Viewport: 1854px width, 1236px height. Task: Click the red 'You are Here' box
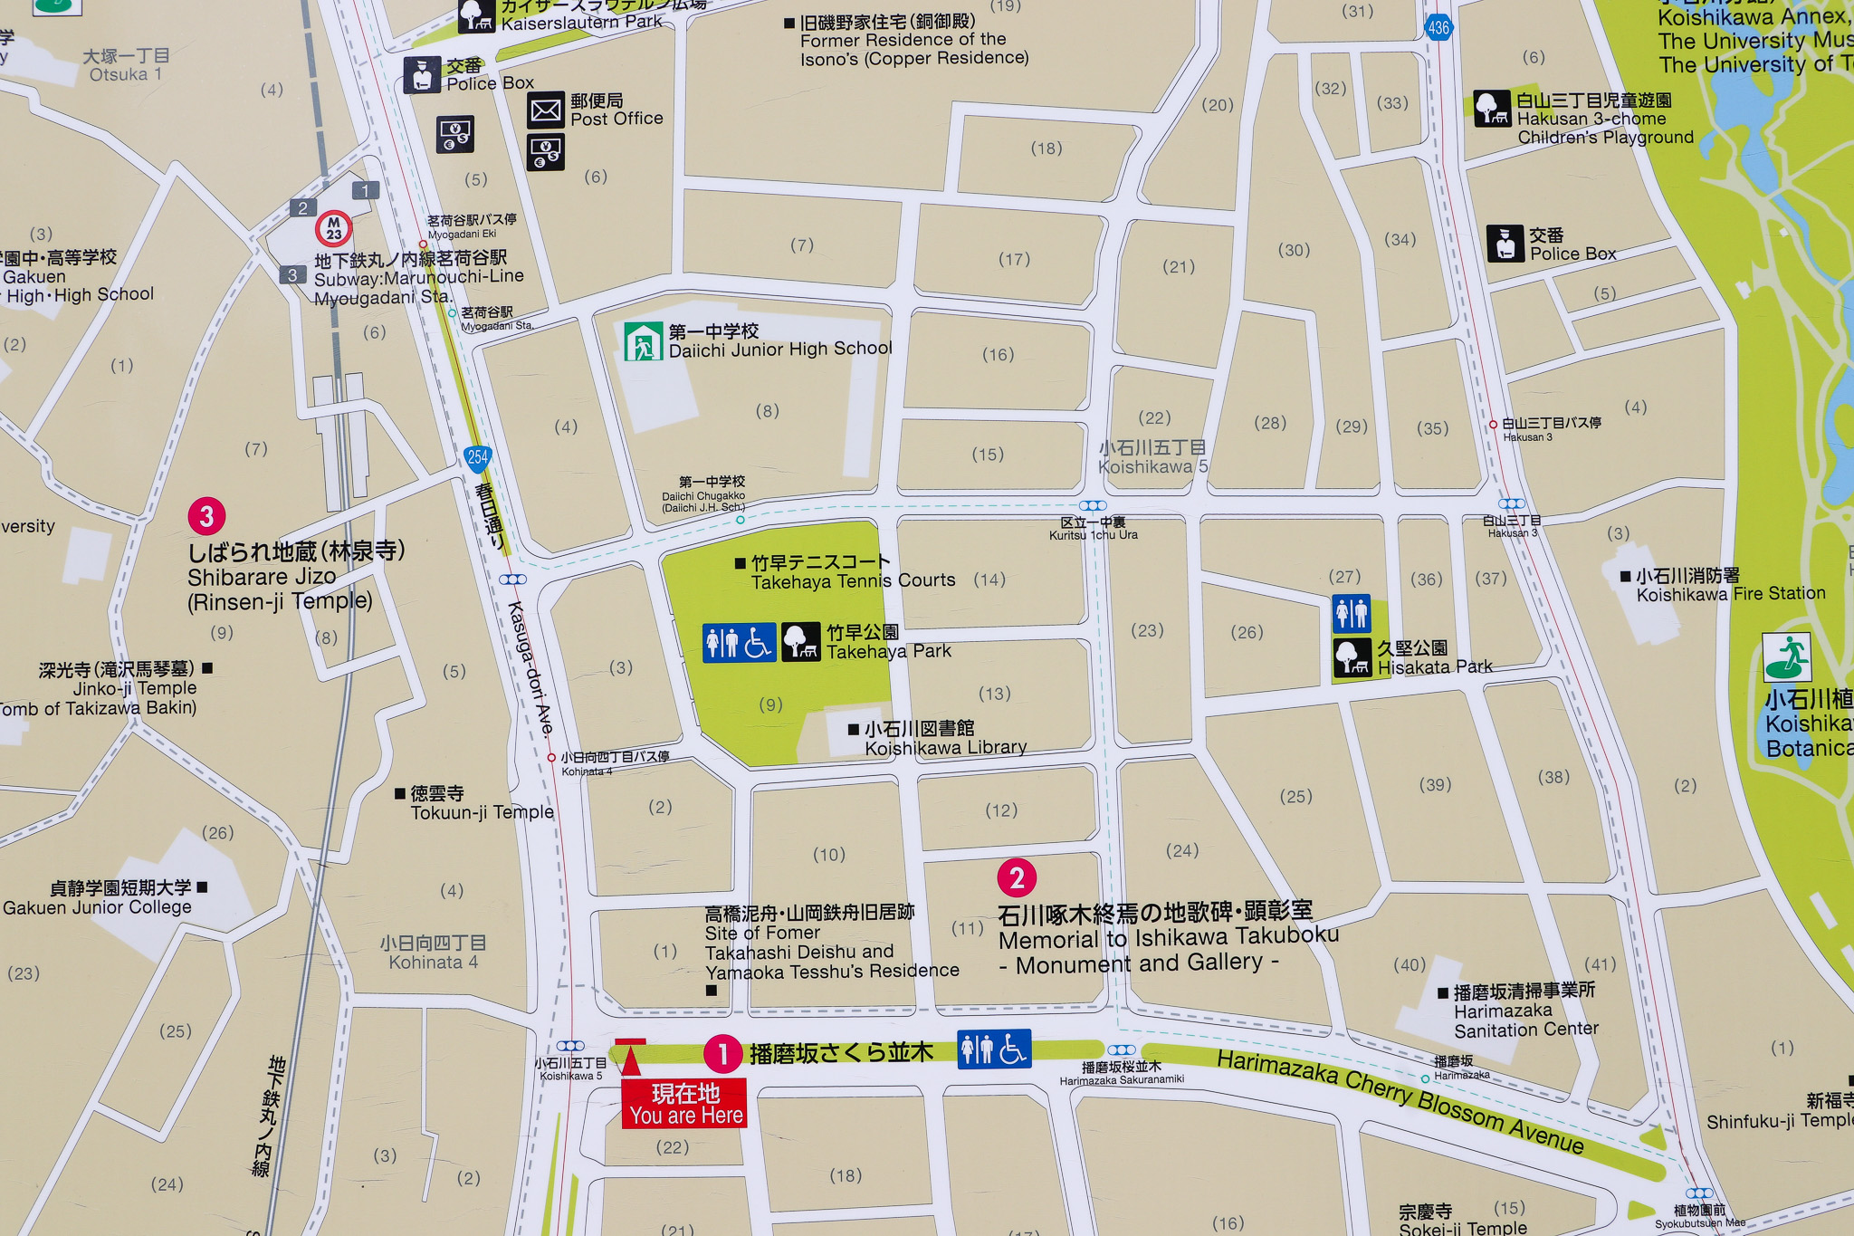pyautogui.click(x=684, y=1104)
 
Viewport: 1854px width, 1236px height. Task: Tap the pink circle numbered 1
pyautogui.click(x=722, y=1054)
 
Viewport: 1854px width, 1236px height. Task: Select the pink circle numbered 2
pyautogui.click(x=1017, y=877)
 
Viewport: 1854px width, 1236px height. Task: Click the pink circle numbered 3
pyautogui.click(x=206, y=516)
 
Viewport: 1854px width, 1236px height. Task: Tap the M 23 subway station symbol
pyautogui.click(x=333, y=228)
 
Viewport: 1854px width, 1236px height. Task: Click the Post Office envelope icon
pyautogui.click(x=546, y=110)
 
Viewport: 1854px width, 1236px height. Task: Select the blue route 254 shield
pyautogui.click(x=477, y=457)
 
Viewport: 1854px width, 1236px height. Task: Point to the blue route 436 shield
pyautogui.click(x=1438, y=27)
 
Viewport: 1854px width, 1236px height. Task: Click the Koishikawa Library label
pyautogui.click(x=944, y=738)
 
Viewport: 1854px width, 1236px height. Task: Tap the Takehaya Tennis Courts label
pyautogui.click(x=851, y=572)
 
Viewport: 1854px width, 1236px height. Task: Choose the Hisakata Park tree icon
pyautogui.click(x=1352, y=657)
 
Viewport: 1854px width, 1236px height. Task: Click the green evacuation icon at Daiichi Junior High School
pyautogui.click(x=643, y=341)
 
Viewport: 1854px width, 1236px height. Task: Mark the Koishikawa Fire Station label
pyautogui.click(x=1729, y=585)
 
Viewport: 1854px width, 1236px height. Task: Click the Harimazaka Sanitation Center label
pyautogui.click(x=1524, y=1011)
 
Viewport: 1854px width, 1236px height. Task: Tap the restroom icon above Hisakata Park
pyautogui.click(x=1351, y=613)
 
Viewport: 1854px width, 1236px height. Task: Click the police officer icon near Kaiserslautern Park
pyautogui.click(x=422, y=75)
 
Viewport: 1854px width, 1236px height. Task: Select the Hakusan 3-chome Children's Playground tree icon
pyautogui.click(x=1491, y=109)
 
